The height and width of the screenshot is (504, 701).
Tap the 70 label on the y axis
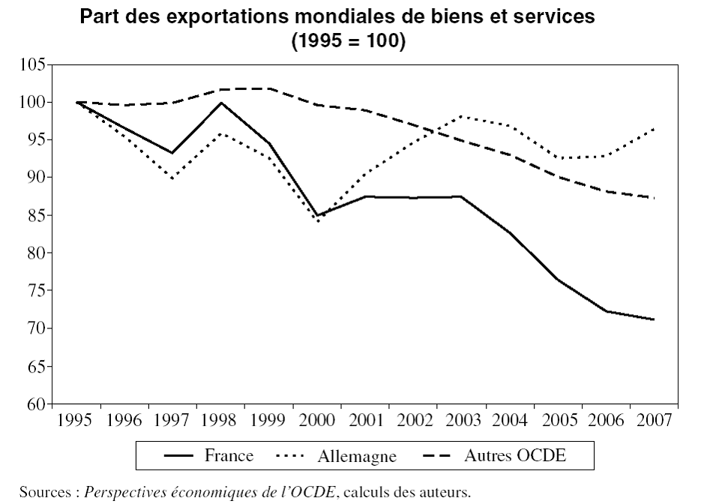[37, 328]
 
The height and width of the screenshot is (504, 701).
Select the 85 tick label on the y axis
[37, 215]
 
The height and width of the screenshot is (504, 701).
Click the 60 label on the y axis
[37, 404]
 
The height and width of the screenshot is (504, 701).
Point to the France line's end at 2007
[653, 319]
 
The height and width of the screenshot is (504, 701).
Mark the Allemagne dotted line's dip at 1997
[172, 178]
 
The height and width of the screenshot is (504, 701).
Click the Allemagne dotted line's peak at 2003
[462, 116]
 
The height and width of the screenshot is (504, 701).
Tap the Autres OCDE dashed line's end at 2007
[653, 198]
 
